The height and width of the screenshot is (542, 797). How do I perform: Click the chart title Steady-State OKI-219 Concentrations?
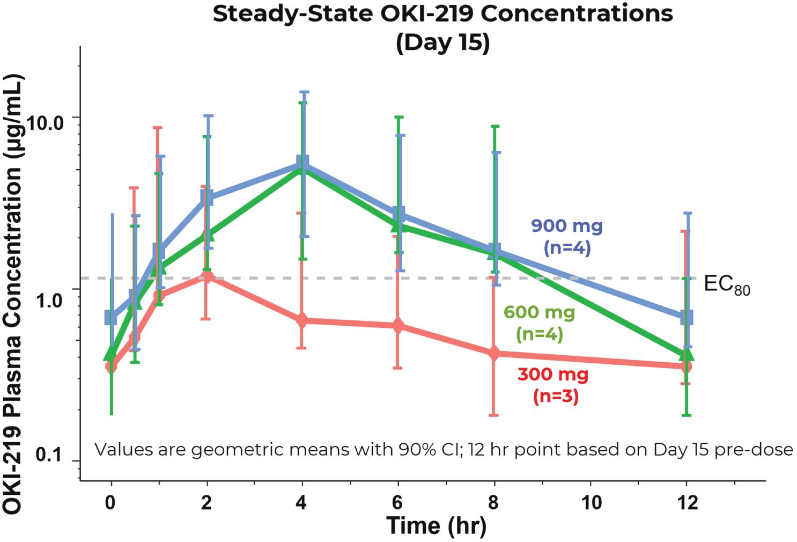(x=442, y=13)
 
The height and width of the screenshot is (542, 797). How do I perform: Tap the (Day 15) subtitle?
(x=442, y=42)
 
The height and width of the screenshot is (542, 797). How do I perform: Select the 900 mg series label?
(x=567, y=226)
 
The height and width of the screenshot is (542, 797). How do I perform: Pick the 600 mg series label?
(x=539, y=312)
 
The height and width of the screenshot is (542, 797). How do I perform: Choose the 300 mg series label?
(x=553, y=374)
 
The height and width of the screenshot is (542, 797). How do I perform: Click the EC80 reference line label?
(x=726, y=284)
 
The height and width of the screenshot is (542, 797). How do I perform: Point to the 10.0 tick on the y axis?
(x=45, y=122)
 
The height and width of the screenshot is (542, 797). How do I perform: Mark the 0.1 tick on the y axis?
(x=48, y=455)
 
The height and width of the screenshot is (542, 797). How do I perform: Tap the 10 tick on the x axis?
(x=591, y=503)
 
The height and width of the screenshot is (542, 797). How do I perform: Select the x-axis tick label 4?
(x=301, y=503)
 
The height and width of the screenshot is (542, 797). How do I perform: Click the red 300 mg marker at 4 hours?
(x=302, y=321)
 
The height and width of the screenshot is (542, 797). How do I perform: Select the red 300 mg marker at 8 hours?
(x=494, y=353)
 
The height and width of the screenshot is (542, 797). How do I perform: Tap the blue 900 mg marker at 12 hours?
(x=687, y=317)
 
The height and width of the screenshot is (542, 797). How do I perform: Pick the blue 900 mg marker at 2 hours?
(x=206, y=197)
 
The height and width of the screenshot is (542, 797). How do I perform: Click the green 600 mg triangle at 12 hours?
(x=687, y=355)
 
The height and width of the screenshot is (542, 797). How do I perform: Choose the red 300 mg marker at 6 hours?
(x=397, y=326)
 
